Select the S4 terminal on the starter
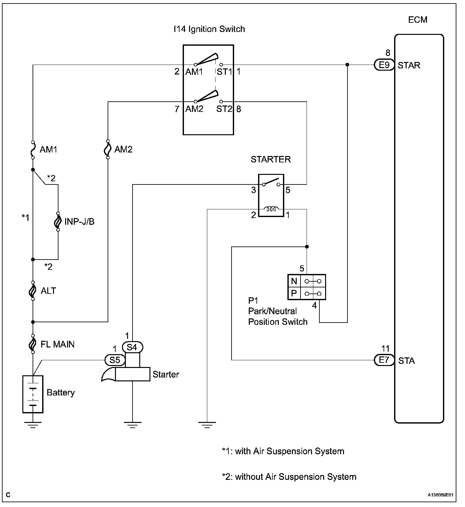(x=133, y=347)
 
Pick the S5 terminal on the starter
(x=115, y=360)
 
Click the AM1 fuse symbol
(x=33, y=150)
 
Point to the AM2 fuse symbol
(x=108, y=149)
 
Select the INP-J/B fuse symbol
(x=58, y=222)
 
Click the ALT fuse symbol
(x=33, y=291)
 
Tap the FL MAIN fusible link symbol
(x=33, y=344)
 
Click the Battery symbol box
(x=33, y=394)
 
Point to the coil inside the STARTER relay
(x=271, y=209)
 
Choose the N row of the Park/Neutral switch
(x=307, y=281)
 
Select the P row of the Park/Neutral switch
(x=307, y=293)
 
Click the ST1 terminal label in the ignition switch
(x=224, y=72)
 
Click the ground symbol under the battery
(x=33, y=425)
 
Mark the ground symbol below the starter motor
(x=133, y=425)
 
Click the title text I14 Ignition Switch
(x=209, y=29)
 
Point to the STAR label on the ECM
(x=409, y=66)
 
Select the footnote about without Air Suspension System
(x=289, y=477)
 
